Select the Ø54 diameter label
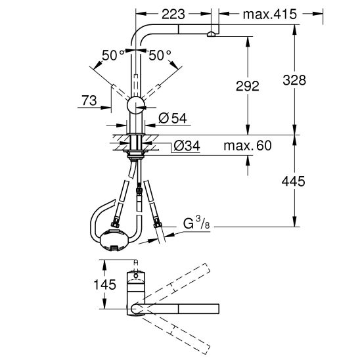click(x=173, y=118)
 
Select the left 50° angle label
click(x=112, y=56)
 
